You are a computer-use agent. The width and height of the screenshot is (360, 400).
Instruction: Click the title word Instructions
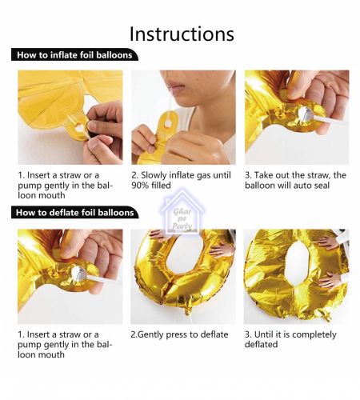(182, 34)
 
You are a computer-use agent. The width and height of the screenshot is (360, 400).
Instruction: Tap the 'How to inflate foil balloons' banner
(74, 54)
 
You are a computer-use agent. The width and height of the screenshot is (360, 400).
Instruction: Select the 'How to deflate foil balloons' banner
(75, 212)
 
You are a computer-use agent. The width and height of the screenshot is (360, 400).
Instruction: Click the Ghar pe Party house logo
(182, 212)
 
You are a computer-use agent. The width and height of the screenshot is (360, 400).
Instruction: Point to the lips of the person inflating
(175, 86)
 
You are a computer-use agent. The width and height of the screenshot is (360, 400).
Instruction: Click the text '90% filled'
(151, 186)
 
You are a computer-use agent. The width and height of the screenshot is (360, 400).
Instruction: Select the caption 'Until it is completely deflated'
(290, 339)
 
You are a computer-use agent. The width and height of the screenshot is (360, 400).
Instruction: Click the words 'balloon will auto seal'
(287, 186)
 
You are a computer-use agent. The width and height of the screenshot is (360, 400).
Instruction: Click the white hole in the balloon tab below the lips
(168, 124)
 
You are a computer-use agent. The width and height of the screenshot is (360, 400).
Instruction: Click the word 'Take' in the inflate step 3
(263, 175)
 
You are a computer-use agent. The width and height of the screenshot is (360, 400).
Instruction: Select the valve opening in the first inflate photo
(80, 129)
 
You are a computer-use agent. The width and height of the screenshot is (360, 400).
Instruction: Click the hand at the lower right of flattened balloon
(330, 281)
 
